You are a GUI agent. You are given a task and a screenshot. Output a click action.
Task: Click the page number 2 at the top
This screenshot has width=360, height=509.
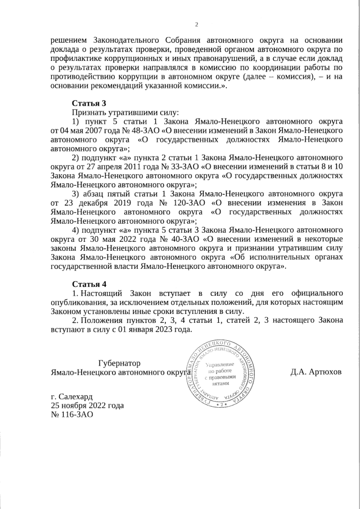point(197,24)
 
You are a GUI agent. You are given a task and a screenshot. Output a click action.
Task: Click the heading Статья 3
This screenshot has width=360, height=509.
point(89,103)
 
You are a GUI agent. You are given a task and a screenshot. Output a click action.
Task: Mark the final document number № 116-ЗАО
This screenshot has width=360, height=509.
point(71,415)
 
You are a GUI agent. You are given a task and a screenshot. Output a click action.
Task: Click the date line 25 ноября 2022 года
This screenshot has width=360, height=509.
point(87,406)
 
